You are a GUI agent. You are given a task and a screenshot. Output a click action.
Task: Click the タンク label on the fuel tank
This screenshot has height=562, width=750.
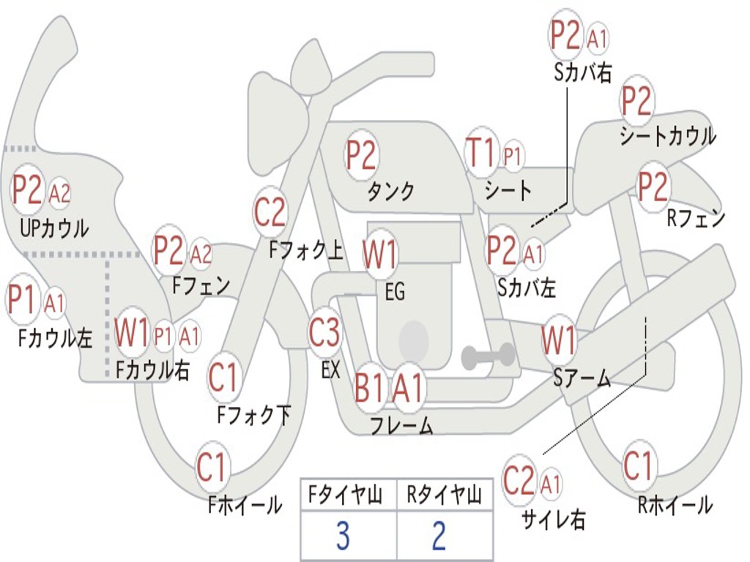390,191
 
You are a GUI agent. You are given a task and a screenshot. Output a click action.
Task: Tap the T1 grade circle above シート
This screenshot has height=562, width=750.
482,154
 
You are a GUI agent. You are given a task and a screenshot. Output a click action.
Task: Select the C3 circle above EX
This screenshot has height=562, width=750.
324,333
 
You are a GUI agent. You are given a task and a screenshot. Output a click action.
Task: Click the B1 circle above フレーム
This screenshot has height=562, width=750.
370,388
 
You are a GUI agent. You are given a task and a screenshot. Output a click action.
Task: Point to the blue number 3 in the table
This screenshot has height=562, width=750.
343,536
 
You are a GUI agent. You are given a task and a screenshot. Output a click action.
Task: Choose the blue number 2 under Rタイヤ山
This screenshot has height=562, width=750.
439,536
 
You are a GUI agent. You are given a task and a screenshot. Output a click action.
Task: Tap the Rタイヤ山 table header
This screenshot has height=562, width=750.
444,496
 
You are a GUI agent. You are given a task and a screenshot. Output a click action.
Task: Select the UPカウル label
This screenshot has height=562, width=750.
54,228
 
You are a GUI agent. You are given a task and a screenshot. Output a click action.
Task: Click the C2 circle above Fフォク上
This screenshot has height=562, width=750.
270,213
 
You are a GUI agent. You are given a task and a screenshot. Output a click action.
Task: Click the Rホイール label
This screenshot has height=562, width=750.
675,504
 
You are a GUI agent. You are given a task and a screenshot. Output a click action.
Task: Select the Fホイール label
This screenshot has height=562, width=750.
245,504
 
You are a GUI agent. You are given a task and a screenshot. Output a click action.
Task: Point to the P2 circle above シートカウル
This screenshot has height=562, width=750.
637,102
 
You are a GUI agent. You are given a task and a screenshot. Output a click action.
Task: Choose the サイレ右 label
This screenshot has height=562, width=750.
554,519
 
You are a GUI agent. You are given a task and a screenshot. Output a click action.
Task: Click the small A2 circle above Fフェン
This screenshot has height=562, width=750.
201,255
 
